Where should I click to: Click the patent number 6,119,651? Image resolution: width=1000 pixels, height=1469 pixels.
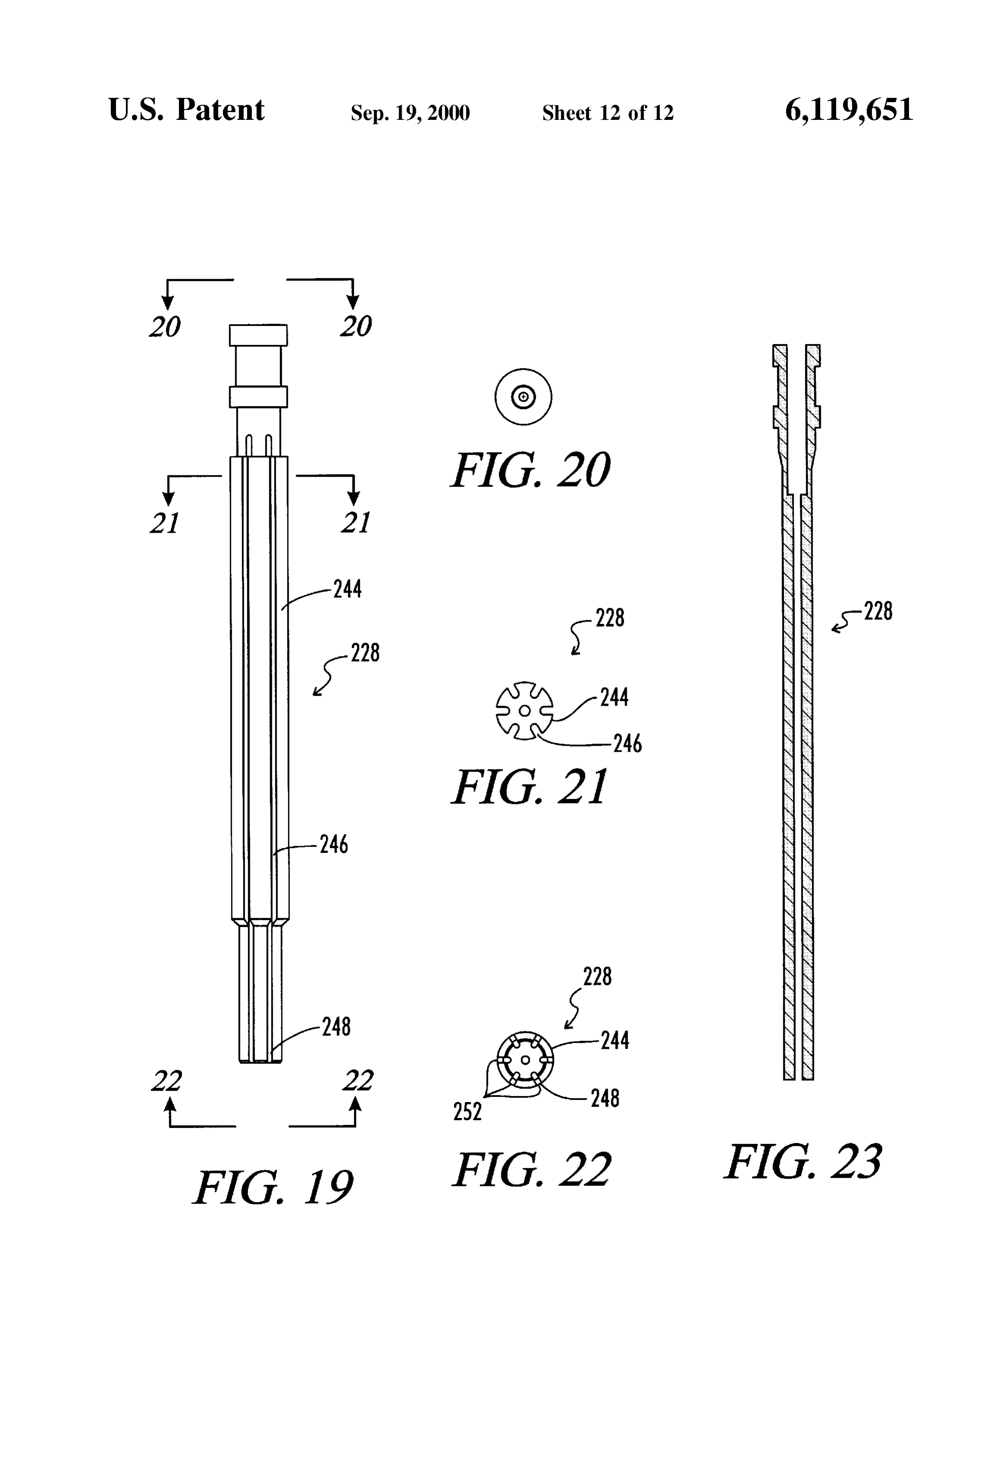click(x=849, y=110)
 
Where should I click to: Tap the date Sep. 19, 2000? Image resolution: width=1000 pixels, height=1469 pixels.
click(x=410, y=113)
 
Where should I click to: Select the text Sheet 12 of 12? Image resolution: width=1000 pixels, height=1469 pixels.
click(x=608, y=113)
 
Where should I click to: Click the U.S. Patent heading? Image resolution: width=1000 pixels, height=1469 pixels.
click(x=187, y=109)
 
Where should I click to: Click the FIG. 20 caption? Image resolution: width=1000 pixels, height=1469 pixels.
click(x=530, y=470)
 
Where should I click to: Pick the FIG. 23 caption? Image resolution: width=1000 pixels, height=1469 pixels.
click(x=803, y=1161)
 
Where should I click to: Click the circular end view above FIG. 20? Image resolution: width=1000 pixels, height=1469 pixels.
click(x=523, y=397)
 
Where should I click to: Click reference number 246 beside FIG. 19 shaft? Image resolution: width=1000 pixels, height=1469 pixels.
click(x=334, y=844)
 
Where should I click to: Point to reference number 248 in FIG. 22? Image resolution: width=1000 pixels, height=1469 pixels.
click(x=605, y=1099)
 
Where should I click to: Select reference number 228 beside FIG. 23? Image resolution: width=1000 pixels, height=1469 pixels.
click(x=878, y=611)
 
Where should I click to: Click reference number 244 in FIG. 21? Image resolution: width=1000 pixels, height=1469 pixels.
click(x=614, y=697)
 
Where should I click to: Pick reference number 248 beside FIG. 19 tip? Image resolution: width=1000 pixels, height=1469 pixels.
click(x=336, y=1027)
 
